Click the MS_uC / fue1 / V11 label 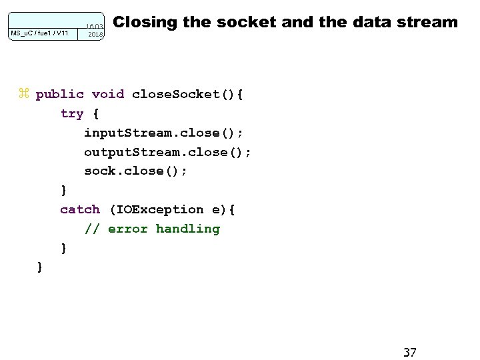[x=39, y=32]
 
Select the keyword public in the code [x=60, y=94]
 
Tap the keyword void [x=108, y=94]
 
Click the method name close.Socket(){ [x=188, y=94]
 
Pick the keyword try [x=72, y=113]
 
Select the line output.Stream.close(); [x=167, y=152]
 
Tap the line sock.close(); [x=136, y=171]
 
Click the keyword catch [x=80, y=209]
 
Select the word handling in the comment [x=187, y=229]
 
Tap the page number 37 [x=410, y=351]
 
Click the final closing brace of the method [x=40, y=267]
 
